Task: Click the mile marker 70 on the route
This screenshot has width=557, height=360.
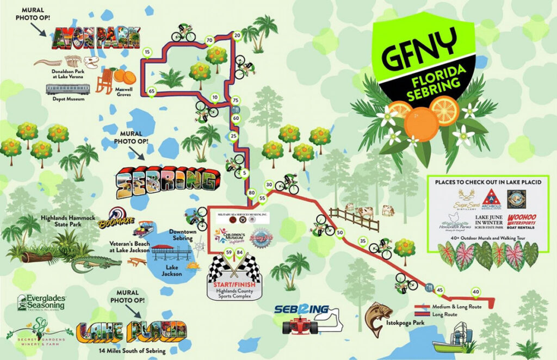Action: pos(209,40)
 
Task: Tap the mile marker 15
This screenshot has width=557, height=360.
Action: pos(147,52)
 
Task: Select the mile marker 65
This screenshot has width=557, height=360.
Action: pos(151,91)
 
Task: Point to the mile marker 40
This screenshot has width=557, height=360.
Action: pos(476,292)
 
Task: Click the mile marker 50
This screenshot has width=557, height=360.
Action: pos(340,233)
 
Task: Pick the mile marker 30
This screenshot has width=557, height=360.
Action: pos(269,185)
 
